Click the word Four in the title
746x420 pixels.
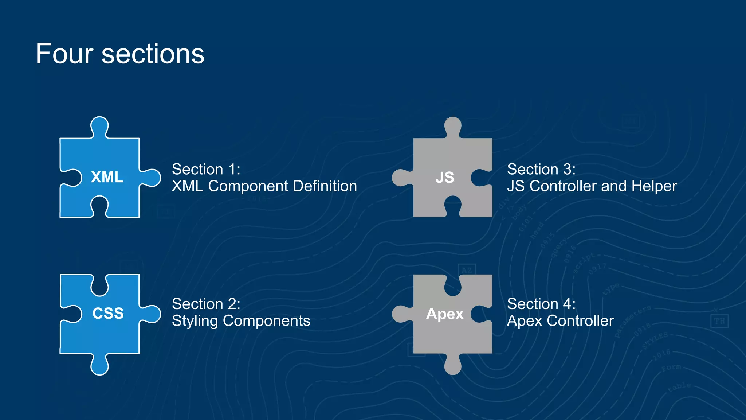coord(64,54)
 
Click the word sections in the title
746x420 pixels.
coord(153,54)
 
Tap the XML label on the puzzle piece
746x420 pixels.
coord(107,177)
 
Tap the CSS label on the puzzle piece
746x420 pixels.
coord(108,313)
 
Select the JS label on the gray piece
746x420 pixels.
coord(445,178)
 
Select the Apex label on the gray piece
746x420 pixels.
coord(445,314)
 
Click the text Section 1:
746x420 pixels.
coord(206,169)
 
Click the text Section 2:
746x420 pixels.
coord(206,304)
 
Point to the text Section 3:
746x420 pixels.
coord(541,169)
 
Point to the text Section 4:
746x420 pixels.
coord(541,304)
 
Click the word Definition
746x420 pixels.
coord(325,186)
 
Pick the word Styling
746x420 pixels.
coord(195,321)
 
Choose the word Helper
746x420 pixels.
coord(654,186)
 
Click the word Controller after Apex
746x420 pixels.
coord(580,321)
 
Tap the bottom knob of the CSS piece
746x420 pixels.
coord(99,366)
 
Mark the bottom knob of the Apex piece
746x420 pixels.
coord(453,365)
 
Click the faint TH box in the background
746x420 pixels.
coord(719,321)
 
